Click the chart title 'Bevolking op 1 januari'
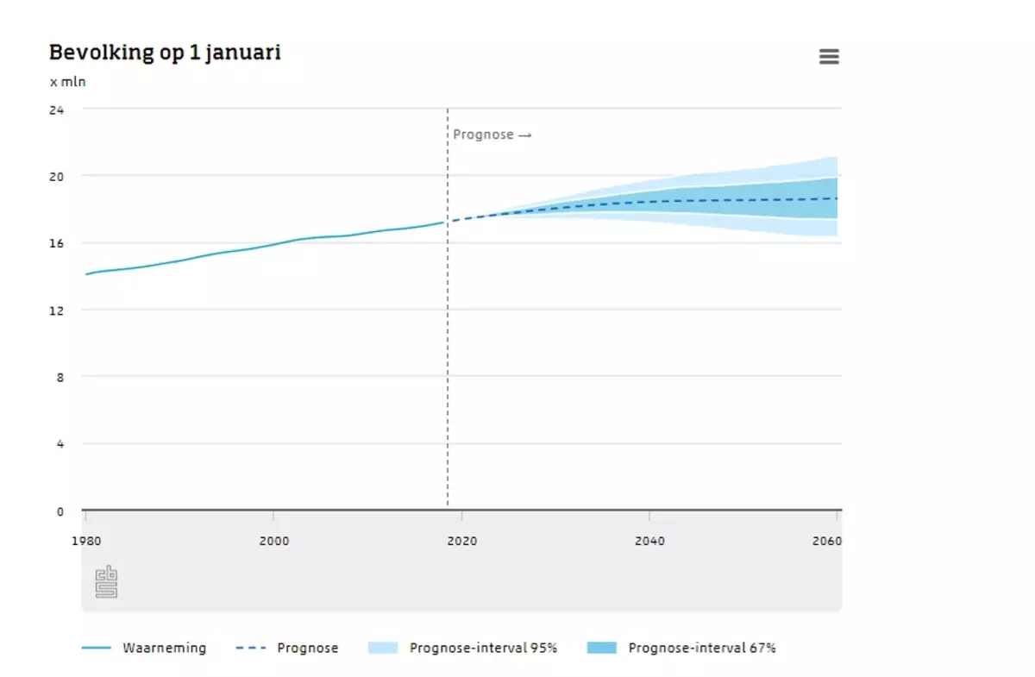tap(165, 53)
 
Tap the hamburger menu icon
tap(829, 57)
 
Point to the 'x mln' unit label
tap(68, 83)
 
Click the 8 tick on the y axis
tap(60, 377)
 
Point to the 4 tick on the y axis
tap(60, 444)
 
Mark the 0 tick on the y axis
tap(60, 511)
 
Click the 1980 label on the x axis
tap(85, 542)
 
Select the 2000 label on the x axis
tap(273, 542)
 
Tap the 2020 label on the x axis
tap(461, 542)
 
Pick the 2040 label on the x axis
tap(649, 542)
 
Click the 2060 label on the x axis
tap(826, 542)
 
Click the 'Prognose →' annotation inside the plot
tap(492, 135)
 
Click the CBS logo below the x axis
tap(106, 582)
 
